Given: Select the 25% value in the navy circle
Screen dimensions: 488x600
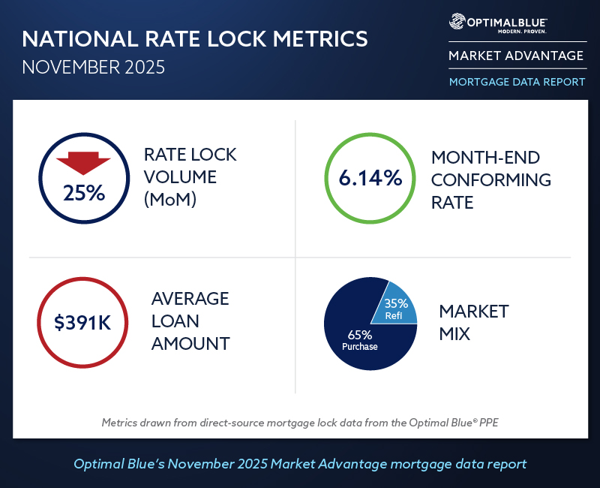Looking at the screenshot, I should click(84, 193).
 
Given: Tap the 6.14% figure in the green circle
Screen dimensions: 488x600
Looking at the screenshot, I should click(370, 179).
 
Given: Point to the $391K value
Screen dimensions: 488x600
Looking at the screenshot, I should click(83, 324).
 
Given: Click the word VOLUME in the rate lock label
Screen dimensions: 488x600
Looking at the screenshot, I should click(181, 178).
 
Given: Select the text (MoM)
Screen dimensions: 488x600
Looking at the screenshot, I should click(170, 200).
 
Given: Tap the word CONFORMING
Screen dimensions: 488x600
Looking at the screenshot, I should click(490, 180).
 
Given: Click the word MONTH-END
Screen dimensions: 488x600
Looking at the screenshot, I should click(485, 158).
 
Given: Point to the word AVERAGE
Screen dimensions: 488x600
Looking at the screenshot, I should click(190, 298).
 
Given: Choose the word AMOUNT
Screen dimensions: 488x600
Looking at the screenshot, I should click(190, 344).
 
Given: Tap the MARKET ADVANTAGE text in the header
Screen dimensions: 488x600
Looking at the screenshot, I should click(515, 56).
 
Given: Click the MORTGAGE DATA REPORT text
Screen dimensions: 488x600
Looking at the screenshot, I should click(517, 82).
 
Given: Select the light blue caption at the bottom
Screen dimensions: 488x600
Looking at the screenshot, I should click(300, 464).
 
